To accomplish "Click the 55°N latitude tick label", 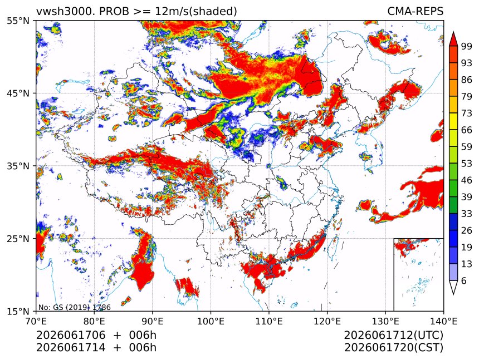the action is (18, 21).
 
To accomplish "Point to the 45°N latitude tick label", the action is (18, 93).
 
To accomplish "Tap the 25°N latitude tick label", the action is (18, 239).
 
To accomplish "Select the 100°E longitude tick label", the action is (211, 321).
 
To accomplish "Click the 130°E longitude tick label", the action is (385, 321).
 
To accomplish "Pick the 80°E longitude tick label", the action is (94, 321).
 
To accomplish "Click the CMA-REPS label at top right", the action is (415, 12).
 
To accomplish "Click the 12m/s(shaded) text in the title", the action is (196, 12).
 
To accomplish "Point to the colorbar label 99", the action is (467, 46).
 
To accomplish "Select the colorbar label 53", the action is (467, 164).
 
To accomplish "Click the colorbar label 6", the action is (464, 280).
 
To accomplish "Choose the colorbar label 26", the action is (467, 230).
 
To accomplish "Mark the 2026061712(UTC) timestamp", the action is (393, 336).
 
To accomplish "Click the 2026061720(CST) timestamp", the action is (393, 348).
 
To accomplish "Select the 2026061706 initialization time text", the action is (71, 336).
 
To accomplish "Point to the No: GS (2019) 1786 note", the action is (74, 307).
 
